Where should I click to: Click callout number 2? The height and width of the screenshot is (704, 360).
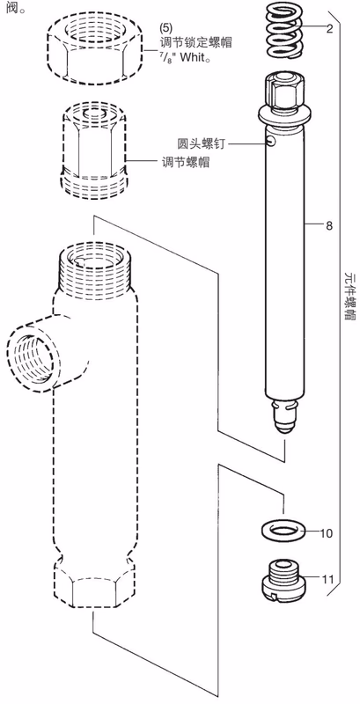[x=329, y=30]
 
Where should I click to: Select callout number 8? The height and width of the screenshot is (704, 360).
[x=329, y=226]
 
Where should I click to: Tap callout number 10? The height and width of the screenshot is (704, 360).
[x=327, y=533]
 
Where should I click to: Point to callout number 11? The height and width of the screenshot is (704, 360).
[x=327, y=579]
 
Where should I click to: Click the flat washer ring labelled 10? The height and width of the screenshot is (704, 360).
[x=283, y=531]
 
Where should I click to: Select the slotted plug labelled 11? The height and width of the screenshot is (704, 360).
[x=283, y=580]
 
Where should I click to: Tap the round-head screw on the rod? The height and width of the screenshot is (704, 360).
[x=269, y=141]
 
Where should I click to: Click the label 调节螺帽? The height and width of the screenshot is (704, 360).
[x=186, y=162]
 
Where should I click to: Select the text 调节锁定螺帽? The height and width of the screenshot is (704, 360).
[x=196, y=44]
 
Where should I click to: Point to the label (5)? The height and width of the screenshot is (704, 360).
[x=166, y=28]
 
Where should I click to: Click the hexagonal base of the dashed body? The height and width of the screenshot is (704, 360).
[x=93, y=583]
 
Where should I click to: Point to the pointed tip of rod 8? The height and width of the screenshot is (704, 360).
[x=283, y=431]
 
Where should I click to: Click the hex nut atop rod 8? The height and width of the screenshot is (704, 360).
[x=283, y=93]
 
